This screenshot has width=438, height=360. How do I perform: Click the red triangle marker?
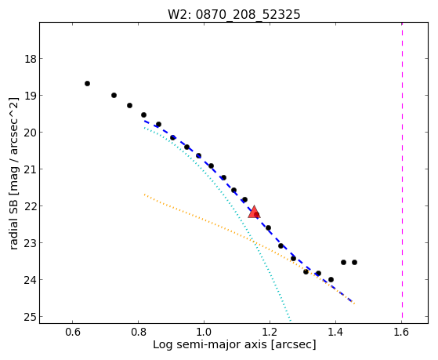click(x=254, y=212)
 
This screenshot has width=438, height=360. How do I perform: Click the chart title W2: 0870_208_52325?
click(x=233, y=14)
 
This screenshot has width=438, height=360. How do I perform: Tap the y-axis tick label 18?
click(x=30, y=59)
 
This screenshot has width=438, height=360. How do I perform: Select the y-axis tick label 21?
click(x=30, y=169)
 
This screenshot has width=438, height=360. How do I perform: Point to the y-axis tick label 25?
click(x=30, y=317)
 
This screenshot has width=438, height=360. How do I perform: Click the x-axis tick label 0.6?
click(x=73, y=332)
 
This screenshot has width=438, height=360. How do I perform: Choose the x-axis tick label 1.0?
click(x=204, y=332)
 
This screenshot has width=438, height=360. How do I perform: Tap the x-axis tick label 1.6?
click(x=401, y=332)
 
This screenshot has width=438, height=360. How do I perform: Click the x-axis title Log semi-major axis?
click(x=210, y=344)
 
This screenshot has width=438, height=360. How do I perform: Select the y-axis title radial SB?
click(x=13, y=223)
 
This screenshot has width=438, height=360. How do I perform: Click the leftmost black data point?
click(x=87, y=83)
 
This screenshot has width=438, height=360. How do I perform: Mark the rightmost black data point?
click(x=354, y=263)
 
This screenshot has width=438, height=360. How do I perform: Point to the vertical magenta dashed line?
click(x=402, y=171)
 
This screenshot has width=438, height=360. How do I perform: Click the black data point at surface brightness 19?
click(x=114, y=96)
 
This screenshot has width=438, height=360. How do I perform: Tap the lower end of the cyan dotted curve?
click(x=291, y=321)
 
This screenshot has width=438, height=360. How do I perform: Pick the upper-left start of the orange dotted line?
click(x=144, y=195)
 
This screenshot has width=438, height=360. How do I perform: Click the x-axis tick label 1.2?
click(x=270, y=332)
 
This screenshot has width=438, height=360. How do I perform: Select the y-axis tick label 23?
click(x=30, y=243)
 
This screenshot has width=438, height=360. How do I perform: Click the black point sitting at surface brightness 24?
click(x=331, y=279)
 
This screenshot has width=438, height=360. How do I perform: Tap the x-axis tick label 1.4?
click(x=335, y=332)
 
